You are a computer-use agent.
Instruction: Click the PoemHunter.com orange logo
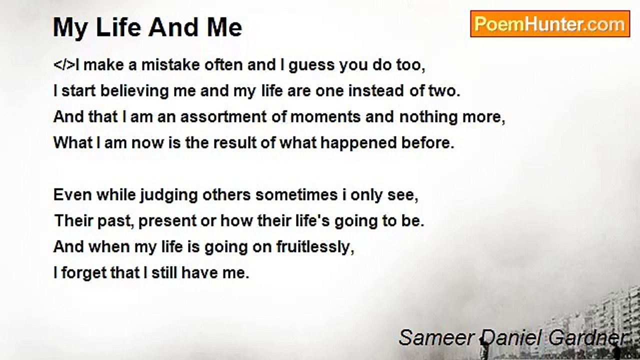[550, 24]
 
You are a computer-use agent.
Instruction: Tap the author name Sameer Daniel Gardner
[513, 337]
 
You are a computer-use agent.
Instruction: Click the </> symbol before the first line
[64, 65]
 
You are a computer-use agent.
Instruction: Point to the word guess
[311, 65]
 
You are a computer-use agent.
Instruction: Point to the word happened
[358, 143]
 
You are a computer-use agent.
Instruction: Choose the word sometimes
[296, 195]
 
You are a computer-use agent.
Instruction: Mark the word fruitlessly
[315, 247]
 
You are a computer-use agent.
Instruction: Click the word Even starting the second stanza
[72, 195]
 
